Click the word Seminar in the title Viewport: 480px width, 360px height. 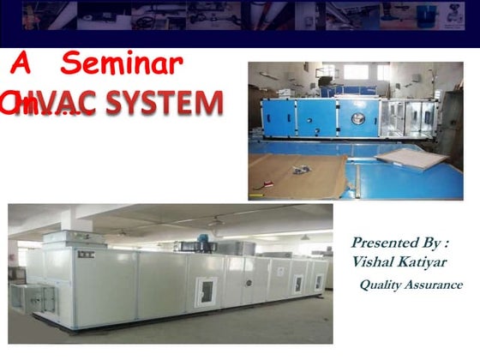click(x=123, y=65)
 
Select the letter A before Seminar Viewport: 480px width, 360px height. click(x=26, y=63)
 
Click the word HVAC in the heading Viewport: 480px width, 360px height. click(x=60, y=105)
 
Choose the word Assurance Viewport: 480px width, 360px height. click(x=435, y=285)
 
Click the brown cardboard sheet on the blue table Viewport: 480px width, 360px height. click(x=300, y=176)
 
